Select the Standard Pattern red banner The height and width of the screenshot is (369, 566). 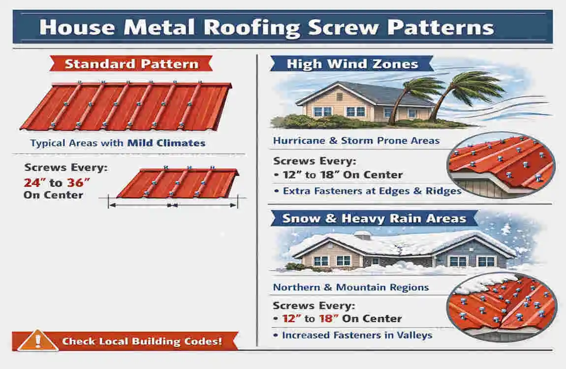pos(131,63)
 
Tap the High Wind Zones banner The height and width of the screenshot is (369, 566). pos(352,63)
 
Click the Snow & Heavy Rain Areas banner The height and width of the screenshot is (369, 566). pos(374,218)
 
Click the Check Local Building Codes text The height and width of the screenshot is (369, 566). pos(142,341)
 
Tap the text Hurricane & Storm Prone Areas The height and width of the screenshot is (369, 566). pos(356,141)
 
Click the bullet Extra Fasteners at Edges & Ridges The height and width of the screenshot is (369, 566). pos(372,190)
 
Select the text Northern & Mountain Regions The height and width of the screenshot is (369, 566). pos(350,287)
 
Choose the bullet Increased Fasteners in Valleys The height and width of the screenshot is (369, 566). pos(356,335)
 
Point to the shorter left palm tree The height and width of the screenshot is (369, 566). pos(413,93)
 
